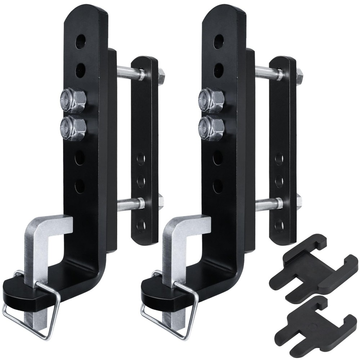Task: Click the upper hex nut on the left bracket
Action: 73,100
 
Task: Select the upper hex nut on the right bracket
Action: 211,100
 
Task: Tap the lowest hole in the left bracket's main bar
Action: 80,186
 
